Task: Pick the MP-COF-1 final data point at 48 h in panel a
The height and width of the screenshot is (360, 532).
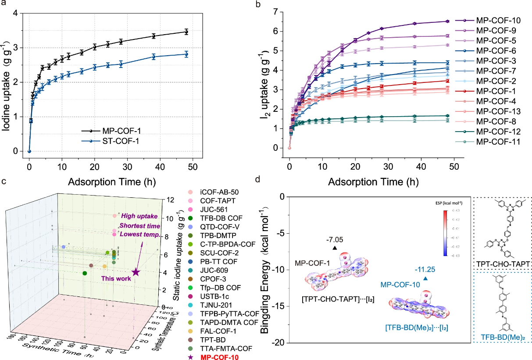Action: [186, 32]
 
